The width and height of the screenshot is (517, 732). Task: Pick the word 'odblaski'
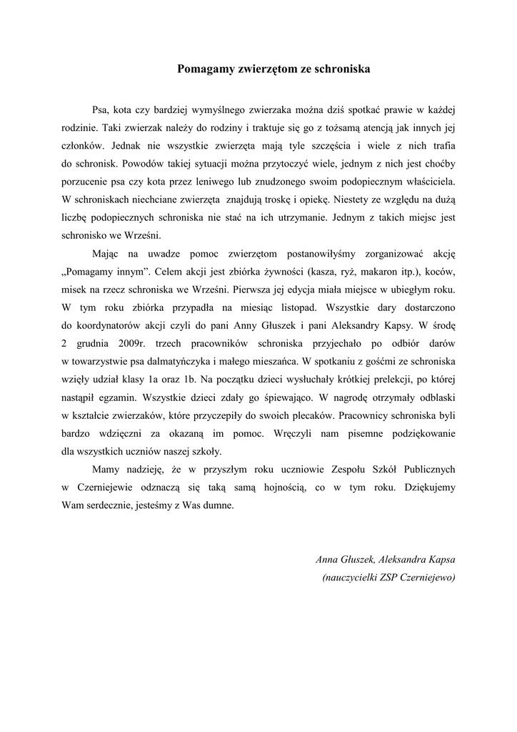[x=431, y=397]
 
